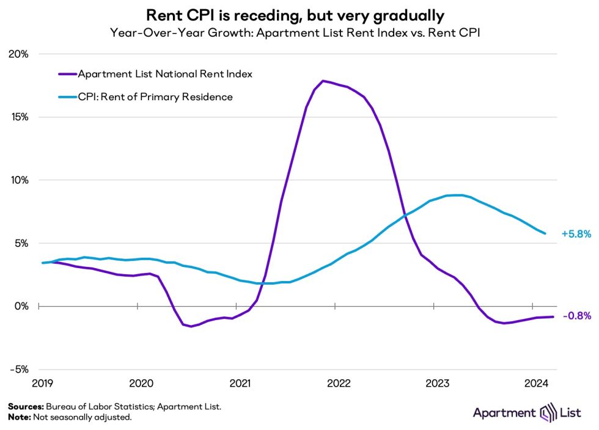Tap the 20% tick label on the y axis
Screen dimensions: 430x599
18,54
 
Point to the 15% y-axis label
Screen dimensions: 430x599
18,117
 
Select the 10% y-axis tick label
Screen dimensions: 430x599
18,180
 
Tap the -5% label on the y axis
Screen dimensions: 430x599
19,370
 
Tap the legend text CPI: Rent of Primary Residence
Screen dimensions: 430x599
155,97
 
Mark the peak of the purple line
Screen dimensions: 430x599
323,81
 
